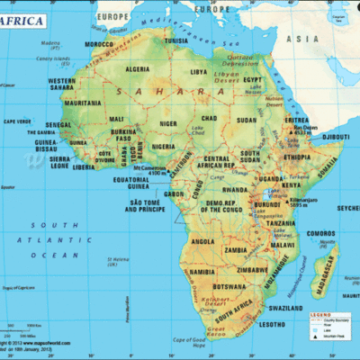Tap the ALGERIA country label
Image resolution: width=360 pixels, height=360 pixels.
tap(137, 69)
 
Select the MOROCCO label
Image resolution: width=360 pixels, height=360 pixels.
tap(98, 43)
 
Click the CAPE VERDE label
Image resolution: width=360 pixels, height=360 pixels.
tap(19, 121)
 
